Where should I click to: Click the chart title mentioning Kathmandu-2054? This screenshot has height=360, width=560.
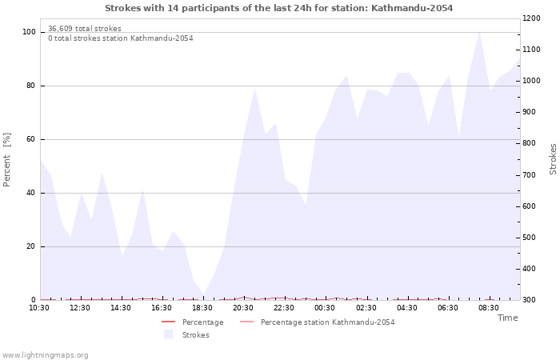pos(278,8)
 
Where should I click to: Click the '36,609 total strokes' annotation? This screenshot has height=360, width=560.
pos(85,29)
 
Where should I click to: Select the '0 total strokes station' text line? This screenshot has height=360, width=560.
pos(120,38)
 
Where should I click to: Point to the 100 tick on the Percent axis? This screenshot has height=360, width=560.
pos(29,32)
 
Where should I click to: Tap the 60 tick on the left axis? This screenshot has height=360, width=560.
pos(30,139)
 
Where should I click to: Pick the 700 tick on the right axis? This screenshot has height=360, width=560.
pos(532,174)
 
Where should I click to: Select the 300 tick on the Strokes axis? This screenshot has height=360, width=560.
pos(532,300)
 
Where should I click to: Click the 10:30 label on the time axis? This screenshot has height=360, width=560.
pos(39,308)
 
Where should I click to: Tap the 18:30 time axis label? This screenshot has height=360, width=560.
pos(202,308)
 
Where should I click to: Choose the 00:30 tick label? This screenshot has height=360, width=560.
pos(325,308)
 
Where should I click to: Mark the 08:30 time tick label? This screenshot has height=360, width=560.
pos(489,308)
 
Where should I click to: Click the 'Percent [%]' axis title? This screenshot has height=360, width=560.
pos(7,160)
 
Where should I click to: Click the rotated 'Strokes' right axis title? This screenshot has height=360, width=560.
pos(553,158)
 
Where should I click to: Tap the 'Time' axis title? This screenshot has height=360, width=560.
pos(507,318)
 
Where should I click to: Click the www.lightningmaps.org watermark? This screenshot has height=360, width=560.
pos(46,354)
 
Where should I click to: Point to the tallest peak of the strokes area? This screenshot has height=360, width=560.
pos(478,32)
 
